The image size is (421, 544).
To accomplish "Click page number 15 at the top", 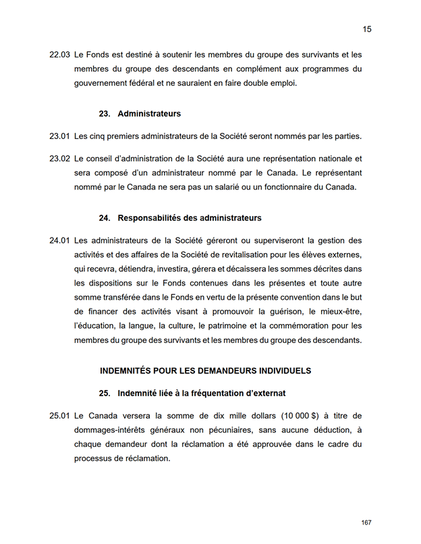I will (367, 29).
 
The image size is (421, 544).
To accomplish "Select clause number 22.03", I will (59, 54).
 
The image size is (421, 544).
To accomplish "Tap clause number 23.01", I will (59, 136).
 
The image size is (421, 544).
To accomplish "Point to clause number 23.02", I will (59, 159).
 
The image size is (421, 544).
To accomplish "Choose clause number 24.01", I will (59, 240).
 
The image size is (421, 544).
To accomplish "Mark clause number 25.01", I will (59, 416).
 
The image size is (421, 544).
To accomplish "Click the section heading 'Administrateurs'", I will (148, 113).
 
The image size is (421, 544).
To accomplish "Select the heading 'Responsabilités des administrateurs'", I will (189, 218).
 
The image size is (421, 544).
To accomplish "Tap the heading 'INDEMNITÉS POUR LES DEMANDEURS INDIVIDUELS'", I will (205, 371).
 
